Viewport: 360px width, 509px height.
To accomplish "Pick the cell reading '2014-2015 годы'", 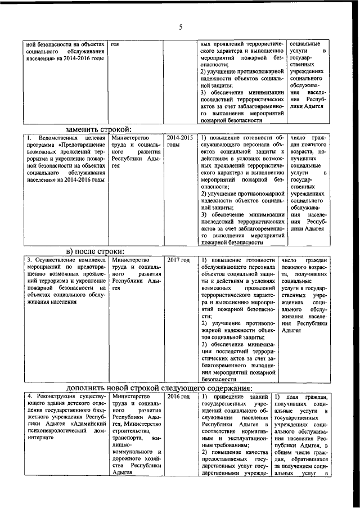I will [x=180, y=141].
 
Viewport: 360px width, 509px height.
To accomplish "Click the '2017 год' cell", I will [x=178, y=260].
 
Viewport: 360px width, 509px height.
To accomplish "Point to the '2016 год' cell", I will [x=178, y=397].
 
